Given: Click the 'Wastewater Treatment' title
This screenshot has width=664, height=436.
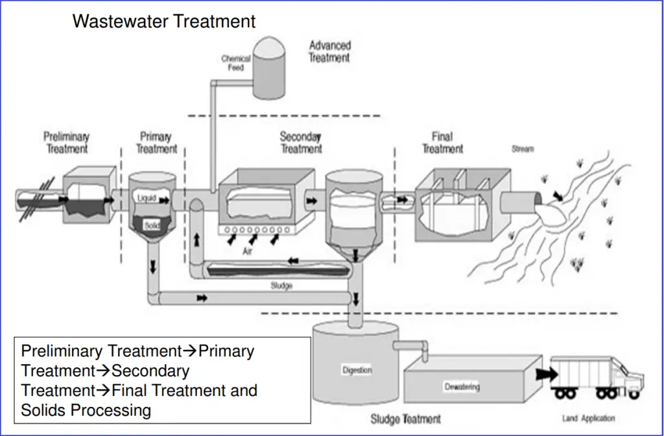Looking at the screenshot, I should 164,21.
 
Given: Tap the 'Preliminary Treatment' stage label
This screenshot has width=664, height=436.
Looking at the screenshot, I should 66,143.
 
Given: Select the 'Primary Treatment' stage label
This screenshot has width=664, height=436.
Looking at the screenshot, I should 156,143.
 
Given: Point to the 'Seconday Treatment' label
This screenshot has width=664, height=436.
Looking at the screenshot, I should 301,143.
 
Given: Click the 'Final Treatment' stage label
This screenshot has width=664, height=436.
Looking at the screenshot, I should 442,143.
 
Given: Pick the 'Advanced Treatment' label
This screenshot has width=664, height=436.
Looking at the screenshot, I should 329,51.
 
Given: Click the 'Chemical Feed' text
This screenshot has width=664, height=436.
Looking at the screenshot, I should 235,63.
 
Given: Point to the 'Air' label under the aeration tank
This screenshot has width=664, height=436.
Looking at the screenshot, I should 247,252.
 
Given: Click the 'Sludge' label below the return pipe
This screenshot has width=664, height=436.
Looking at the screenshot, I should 281,285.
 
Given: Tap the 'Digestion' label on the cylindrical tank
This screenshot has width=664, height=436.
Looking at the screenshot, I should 356,371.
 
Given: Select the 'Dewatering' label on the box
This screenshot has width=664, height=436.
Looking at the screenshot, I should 462,387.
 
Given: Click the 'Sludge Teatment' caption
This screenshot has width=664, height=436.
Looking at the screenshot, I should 405,419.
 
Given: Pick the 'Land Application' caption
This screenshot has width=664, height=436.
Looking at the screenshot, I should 588,419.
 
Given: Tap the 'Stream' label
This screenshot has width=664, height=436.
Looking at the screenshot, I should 523,149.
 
